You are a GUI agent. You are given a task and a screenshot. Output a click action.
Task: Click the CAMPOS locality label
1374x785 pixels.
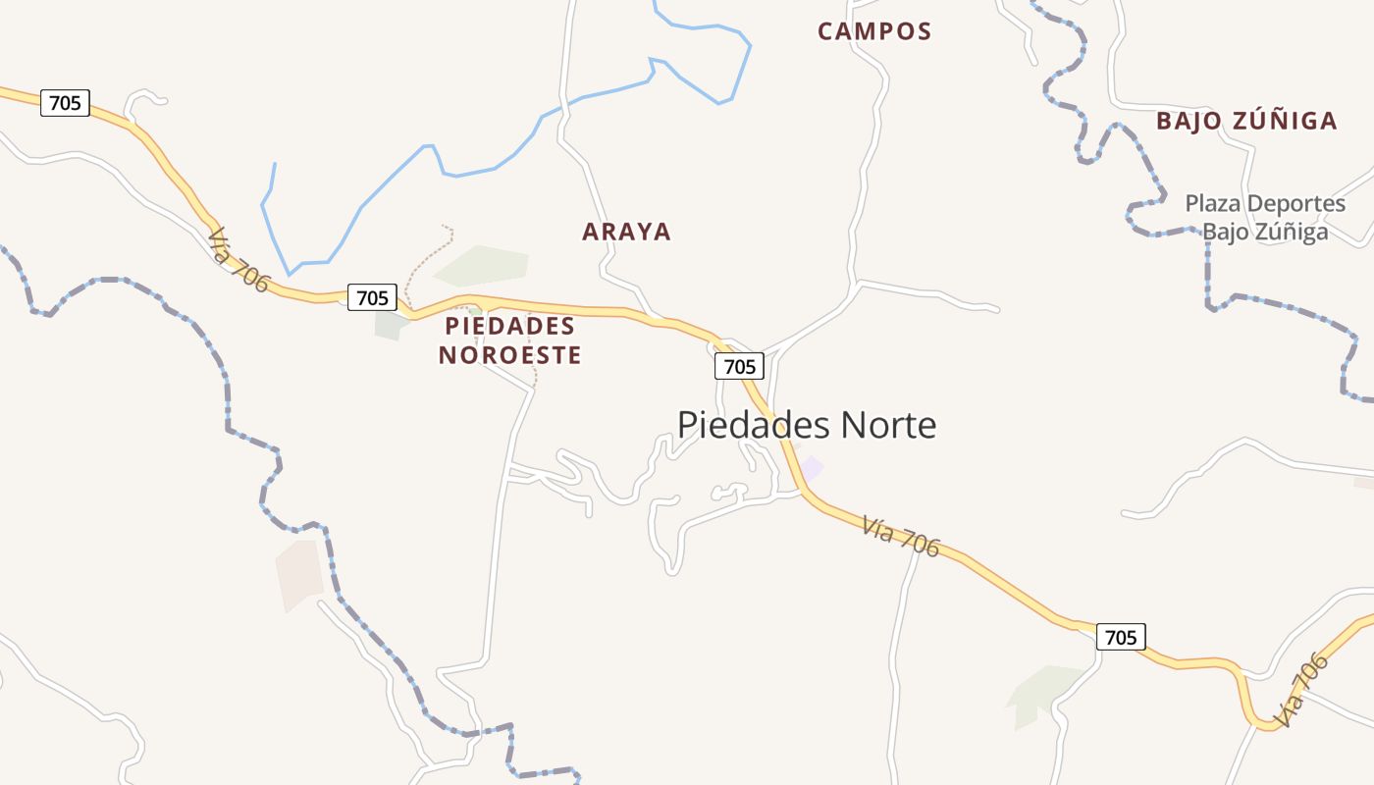click(x=874, y=31)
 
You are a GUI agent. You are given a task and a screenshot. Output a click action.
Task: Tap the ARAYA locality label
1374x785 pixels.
click(x=626, y=233)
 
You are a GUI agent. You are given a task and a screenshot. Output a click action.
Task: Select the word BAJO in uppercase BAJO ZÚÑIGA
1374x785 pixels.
click(x=1189, y=122)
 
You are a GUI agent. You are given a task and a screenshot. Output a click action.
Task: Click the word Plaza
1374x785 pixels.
click(x=1215, y=204)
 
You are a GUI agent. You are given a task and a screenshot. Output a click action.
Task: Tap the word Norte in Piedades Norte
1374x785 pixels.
click(x=889, y=425)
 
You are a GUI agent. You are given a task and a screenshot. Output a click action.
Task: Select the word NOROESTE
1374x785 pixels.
click(x=509, y=355)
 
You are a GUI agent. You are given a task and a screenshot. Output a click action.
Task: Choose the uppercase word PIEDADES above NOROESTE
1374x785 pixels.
click(x=509, y=326)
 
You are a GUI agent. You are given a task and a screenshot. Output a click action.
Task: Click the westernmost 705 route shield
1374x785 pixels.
click(x=65, y=102)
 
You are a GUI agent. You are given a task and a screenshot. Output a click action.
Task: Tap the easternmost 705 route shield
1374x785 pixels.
click(x=1120, y=637)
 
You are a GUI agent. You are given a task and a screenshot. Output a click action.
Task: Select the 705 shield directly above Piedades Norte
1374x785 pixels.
click(x=738, y=366)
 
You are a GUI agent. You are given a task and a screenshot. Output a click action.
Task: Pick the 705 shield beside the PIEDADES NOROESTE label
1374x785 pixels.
click(x=372, y=296)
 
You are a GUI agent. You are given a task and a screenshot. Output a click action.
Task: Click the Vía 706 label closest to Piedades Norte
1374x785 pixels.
click(x=901, y=536)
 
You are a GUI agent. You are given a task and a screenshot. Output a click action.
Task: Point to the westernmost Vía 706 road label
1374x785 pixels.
click(x=238, y=260)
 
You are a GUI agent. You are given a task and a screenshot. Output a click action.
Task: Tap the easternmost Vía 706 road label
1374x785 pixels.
click(x=1302, y=691)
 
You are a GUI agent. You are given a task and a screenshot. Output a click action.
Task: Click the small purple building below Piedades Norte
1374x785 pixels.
click(x=811, y=467)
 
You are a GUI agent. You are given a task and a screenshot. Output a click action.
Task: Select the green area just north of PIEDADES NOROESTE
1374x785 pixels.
click(x=484, y=265)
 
